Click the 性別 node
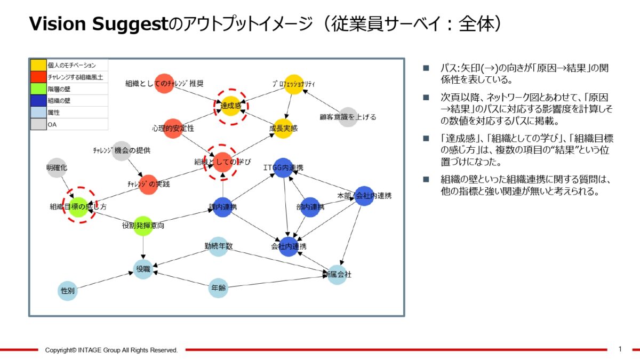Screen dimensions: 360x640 pyautogui.click(x=67, y=291)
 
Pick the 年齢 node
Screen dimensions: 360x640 pyautogui.click(x=218, y=288)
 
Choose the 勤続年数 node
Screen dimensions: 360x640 pyautogui.click(x=218, y=246)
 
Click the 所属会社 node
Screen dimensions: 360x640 pyautogui.click(x=337, y=275)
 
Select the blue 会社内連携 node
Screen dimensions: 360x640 pyautogui.click(x=289, y=246)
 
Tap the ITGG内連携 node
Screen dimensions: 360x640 pyautogui.click(x=283, y=167)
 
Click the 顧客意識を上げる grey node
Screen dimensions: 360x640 pyautogui.click(x=348, y=117)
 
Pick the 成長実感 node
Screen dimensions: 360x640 pyautogui.click(x=283, y=128)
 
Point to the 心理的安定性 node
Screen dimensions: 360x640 pyautogui.click(x=173, y=129)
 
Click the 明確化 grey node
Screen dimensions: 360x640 pyautogui.click(x=57, y=167)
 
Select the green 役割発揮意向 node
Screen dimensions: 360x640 pyautogui.click(x=143, y=226)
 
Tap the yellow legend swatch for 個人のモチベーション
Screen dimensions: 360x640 pyautogui.click(x=38, y=65)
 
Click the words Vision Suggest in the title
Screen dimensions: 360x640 pyautogui.click(x=98, y=23)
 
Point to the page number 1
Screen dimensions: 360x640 pyautogui.click(x=620, y=349)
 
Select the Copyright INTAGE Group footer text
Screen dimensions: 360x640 pyautogui.click(x=111, y=350)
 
